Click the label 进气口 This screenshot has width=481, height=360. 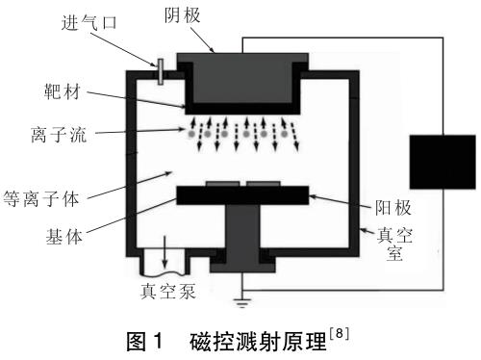pyautogui.click(x=89, y=23)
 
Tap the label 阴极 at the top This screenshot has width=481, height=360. pyautogui.click(x=183, y=15)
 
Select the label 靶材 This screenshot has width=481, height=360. pyautogui.click(x=63, y=91)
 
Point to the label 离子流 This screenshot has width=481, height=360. pyautogui.click(x=59, y=134)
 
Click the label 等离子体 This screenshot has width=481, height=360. pyautogui.click(x=41, y=198)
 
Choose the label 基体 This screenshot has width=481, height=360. pyautogui.click(x=64, y=237)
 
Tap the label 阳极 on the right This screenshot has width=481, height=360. pyautogui.click(x=393, y=208)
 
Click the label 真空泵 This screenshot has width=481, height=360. pyautogui.click(x=168, y=291)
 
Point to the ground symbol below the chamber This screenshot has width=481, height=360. pyautogui.click(x=242, y=302)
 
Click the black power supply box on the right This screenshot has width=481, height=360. pyautogui.click(x=443, y=162)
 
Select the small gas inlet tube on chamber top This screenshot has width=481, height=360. pyautogui.click(x=161, y=72)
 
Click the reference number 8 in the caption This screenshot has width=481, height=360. pyautogui.click(x=339, y=334)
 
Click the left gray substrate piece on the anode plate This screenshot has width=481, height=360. pyautogui.click(x=222, y=184)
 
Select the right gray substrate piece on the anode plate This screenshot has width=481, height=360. pyautogui.click(x=264, y=184)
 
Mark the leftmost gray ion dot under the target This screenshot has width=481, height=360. pyautogui.click(x=191, y=134)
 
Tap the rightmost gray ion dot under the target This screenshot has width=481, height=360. pyautogui.click(x=284, y=134)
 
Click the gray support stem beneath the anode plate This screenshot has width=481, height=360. pyautogui.click(x=242, y=238)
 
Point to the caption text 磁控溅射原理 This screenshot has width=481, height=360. pyautogui.click(x=258, y=342)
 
